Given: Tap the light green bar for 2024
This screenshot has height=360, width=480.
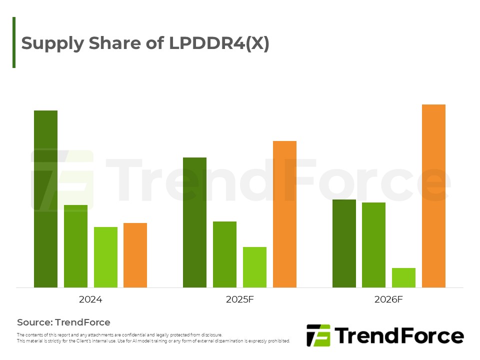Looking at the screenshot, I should (x=105, y=257).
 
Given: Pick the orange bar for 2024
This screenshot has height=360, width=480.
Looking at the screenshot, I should (x=135, y=255).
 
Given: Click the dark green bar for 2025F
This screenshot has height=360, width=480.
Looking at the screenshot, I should (x=194, y=222).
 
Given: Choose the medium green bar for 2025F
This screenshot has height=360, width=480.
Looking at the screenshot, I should (x=224, y=254).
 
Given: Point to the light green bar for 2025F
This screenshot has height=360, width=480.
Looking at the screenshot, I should (x=254, y=267).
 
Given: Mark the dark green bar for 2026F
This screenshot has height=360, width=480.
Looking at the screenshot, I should (x=344, y=243).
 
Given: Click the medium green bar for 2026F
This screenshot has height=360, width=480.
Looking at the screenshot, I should (x=373, y=245).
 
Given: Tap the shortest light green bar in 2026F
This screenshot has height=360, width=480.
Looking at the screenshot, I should (x=403, y=277).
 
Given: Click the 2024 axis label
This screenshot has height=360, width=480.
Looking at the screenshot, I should (x=90, y=300).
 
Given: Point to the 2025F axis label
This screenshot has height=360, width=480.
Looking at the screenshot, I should (x=239, y=300).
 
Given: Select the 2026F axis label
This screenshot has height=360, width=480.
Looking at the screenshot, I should (x=388, y=300).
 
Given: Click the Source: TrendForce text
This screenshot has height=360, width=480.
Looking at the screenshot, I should (x=63, y=322).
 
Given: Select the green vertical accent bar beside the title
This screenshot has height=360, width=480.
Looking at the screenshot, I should (x=14, y=42).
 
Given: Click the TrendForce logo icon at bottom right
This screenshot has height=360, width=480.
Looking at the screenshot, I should (x=318, y=335).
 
